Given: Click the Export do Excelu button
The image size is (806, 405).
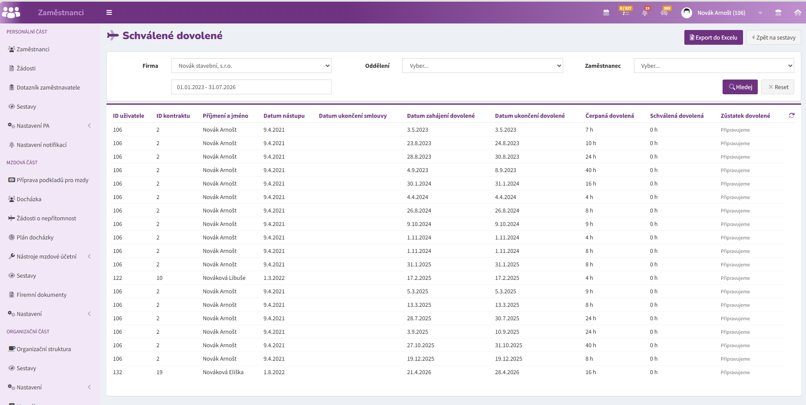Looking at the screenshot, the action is (x=713, y=37).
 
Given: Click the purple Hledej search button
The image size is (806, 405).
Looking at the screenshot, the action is (x=740, y=87).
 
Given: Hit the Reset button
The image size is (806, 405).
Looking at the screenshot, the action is (x=778, y=87).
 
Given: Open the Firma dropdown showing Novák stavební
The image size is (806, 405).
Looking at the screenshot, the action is (x=251, y=66).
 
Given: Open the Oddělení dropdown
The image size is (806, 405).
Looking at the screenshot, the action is (x=482, y=66).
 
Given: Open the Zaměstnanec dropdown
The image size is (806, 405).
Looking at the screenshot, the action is (x=714, y=66).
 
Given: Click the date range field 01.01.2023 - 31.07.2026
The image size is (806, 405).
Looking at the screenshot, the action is (x=251, y=87).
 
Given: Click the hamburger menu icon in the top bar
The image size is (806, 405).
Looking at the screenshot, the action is (x=109, y=13).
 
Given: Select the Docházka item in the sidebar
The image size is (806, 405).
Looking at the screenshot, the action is (x=29, y=199).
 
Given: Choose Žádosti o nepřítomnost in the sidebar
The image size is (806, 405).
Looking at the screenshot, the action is (x=46, y=218).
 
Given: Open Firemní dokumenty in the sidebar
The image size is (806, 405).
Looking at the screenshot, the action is (x=42, y=295).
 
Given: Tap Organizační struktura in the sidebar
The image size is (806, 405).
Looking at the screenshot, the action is (x=43, y=349).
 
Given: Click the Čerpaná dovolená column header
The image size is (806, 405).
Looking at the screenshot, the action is (x=610, y=116).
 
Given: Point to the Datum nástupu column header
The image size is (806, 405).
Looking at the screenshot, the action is (x=284, y=116).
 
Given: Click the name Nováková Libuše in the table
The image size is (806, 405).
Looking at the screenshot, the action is (x=224, y=278).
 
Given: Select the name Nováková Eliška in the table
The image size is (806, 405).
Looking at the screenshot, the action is (x=223, y=372).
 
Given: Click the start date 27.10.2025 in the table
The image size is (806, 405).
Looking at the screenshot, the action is (x=421, y=345).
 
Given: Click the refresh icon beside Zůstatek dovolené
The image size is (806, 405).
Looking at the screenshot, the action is (x=792, y=116).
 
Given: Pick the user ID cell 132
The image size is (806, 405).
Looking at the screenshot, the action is (x=117, y=372).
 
